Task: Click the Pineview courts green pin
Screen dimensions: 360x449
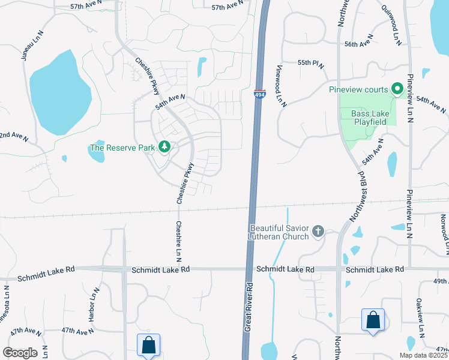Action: pos(397,89)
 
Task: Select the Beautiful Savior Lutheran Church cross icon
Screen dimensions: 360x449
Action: pos(318,231)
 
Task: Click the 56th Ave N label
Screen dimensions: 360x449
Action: pos(359,44)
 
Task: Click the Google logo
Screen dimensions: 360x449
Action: pos(20,353)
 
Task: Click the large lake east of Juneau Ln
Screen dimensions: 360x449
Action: pos(54,90)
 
